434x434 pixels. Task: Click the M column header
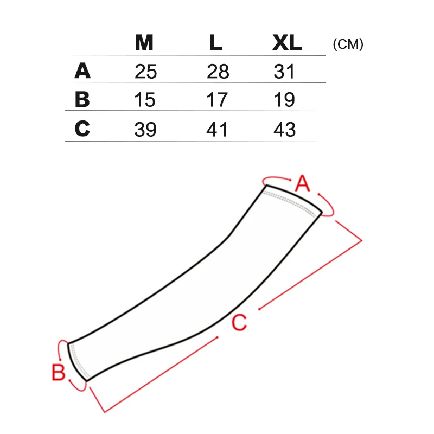coord(144,43)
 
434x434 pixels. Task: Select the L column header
coord(215,43)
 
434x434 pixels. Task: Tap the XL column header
coord(287,43)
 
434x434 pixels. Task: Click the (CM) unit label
coord(348,44)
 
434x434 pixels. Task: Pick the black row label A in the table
coord(82,71)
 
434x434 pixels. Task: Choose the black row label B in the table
coord(82,99)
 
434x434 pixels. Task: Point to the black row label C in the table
coord(82,129)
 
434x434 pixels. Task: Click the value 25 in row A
coord(145,72)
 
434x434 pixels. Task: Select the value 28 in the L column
coord(218,72)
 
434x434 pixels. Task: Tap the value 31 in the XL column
coord(284,72)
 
